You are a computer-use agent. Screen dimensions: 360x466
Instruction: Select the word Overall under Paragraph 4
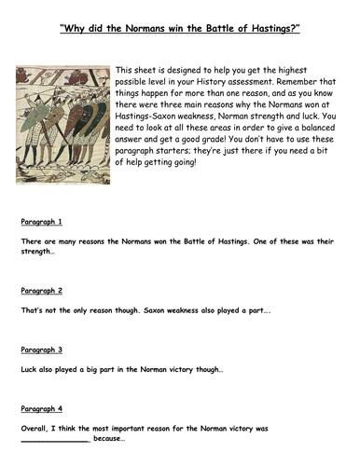pos(35,430)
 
